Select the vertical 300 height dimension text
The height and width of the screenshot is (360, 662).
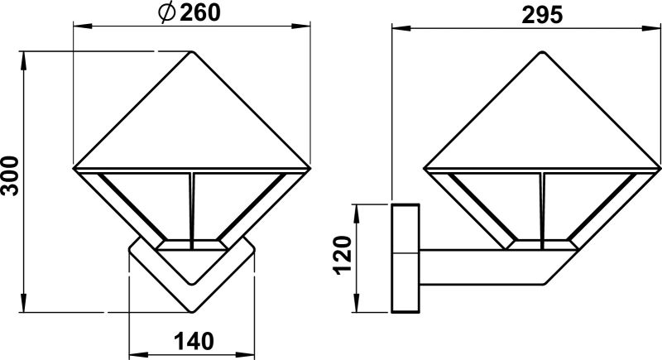pos(11,175)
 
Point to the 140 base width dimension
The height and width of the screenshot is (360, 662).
pos(193,340)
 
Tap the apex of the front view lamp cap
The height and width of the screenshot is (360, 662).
pos(193,51)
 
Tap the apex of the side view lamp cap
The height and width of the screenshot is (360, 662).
pos(543,51)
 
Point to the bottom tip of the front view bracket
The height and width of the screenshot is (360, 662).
pos(192,312)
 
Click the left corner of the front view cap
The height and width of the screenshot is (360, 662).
pos(74,169)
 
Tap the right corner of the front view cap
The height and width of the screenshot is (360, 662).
pos(310,169)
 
